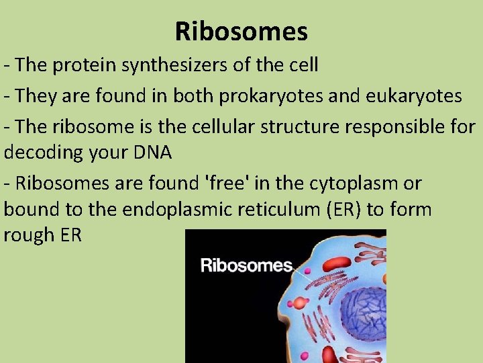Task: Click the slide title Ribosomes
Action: click(x=241, y=31)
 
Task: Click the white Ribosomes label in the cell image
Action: click(x=246, y=265)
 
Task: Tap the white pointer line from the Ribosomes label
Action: click(x=301, y=272)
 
